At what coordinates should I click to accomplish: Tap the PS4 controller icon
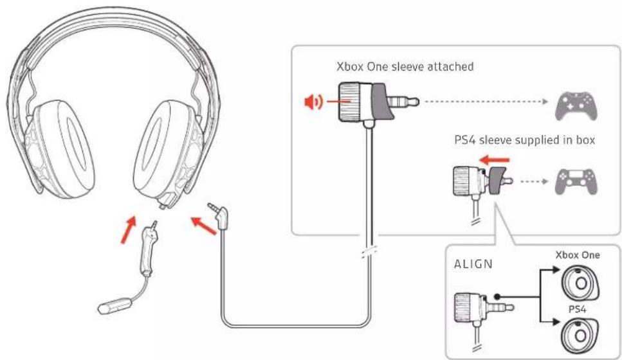point(575,181)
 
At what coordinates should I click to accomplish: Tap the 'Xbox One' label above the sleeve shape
point(577,255)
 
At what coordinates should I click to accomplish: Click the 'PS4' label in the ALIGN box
point(576,309)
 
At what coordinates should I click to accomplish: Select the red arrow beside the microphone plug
point(129,230)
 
